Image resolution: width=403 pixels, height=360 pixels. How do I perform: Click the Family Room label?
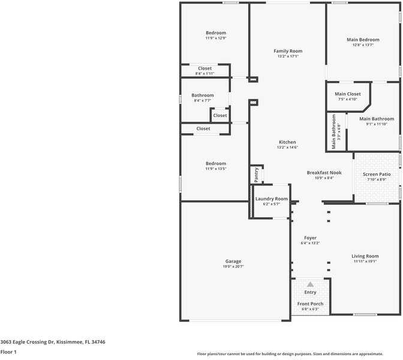(288, 51)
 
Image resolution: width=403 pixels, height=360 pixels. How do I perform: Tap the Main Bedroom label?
(363, 40)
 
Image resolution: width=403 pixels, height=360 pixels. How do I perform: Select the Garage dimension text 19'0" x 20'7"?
(233, 266)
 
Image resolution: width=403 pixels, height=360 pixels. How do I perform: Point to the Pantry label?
(256, 175)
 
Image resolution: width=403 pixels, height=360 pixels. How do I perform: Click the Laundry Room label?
(271, 199)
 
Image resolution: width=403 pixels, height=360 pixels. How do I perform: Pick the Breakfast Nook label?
(324, 172)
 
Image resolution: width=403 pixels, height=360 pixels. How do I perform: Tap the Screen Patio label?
(377, 174)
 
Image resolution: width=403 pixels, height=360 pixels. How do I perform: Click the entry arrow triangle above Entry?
(310, 284)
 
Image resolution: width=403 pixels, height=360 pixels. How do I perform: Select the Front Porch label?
(310, 304)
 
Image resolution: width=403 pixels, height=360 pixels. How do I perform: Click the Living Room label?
(365, 256)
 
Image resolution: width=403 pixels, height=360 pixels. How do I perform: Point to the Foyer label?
(310, 238)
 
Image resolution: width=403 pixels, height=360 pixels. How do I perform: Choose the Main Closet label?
(348, 94)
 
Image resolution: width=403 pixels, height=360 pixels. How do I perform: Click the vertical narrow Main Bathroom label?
(334, 131)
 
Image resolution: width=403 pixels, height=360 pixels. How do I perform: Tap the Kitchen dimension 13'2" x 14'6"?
(287, 148)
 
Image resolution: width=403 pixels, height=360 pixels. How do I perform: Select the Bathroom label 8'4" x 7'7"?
(203, 100)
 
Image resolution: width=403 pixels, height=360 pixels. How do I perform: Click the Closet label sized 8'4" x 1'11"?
(204, 73)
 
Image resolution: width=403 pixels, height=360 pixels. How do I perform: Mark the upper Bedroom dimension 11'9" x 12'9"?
(215, 38)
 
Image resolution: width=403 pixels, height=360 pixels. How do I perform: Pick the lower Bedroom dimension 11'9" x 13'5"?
(215, 169)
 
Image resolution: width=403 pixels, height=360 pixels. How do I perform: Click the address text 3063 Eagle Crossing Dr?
(53, 341)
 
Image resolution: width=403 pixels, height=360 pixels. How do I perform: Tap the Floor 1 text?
(8, 352)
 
